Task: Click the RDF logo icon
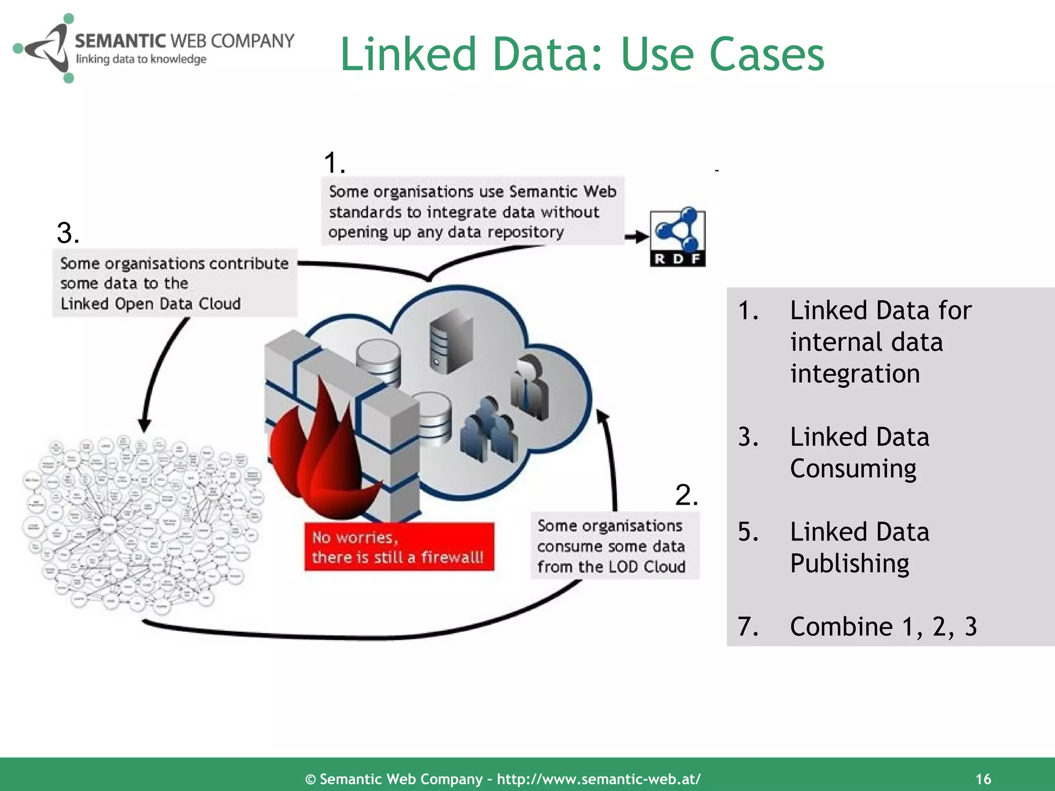[677, 237]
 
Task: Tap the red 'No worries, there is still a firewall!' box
[399, 547]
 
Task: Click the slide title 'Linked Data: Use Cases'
[582, 54]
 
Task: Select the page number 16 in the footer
[983, 779]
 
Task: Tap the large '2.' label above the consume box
[687, 495]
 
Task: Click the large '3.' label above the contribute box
[68, 233]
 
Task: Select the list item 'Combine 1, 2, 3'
[883, 626]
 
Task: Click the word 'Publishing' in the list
[849, 563]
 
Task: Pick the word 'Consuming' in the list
[853, 469]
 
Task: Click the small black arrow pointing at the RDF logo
[637, 237]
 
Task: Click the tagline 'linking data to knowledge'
[141, 59]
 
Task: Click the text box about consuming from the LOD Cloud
[611, 546]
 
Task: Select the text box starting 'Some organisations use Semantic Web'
[472, 212]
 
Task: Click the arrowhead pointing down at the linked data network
[145, 425]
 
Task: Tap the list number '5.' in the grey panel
[748, 532]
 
